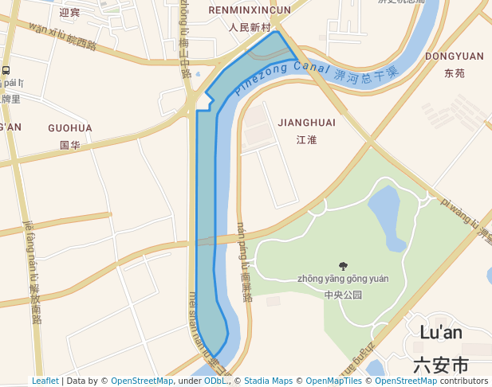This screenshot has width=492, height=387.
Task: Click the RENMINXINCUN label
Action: (x=250, y=10)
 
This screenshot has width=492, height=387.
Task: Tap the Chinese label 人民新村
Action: (x=250, y=27)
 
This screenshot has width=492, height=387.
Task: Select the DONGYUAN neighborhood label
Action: (x=455, y=56)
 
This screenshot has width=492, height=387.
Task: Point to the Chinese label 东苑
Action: (x=455, y=73)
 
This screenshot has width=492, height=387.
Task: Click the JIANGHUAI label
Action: (x=307, y=123)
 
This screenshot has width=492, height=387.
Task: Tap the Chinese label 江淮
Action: (x=307, y=140)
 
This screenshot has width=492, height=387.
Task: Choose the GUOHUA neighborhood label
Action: (x=70, y=127)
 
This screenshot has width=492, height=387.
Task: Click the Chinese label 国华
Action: (x=70, y=145)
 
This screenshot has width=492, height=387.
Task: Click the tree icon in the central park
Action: (x=344, y=266)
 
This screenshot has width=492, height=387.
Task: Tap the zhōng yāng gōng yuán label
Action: (x=343, y=279)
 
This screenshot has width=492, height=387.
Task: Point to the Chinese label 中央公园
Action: (x=343, y=295)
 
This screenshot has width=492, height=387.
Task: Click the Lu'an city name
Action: (x=441, y=333)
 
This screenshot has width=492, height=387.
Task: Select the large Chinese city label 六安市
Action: (x=441, y=365)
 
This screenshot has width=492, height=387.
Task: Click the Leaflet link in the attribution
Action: (x=45, y=381)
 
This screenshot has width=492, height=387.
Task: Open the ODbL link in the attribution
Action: (x=215, y=381)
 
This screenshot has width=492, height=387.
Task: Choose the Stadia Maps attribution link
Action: (x=268, y=381)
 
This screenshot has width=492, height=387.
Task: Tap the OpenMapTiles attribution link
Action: (x=333, y=381)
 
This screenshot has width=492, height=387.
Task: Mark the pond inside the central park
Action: (x=388, y=217)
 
